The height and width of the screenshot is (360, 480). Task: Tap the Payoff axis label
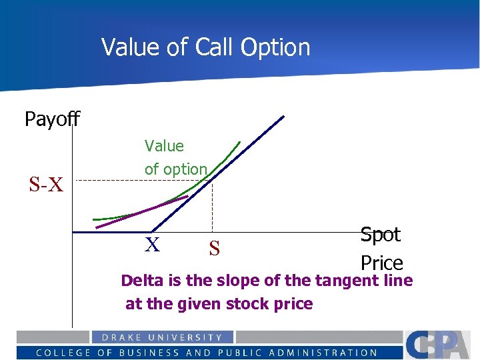[52, 119]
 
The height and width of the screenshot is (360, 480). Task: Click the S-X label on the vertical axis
[46, 185]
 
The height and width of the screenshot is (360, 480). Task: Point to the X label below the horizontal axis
[153, 245]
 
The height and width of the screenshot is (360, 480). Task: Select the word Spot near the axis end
[380, 235]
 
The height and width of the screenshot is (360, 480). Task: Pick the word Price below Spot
[381, 263]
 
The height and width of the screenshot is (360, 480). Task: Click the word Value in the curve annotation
[164, 145]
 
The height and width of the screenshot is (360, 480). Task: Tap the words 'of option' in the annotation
[176, 169]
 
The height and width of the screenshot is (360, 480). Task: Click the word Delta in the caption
[143, 281]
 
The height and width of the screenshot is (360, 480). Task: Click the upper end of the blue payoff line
[282, 118]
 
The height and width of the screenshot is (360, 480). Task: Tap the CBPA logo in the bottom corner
[440, 345]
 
